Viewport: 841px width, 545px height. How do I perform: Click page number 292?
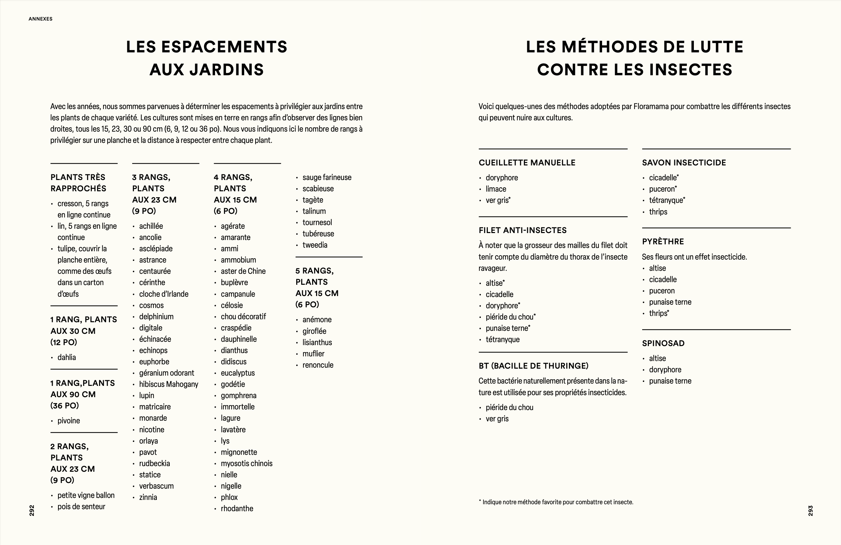[x=32, y=511]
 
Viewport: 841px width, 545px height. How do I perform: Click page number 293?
[x=810, y=511]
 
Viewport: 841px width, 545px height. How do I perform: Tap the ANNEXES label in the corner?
[x=41, y=19]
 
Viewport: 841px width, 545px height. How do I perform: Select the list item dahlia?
[x=67, y=357]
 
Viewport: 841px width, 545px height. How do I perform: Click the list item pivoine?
[x=69, y=421]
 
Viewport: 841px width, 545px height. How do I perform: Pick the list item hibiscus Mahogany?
[x=169, y=384]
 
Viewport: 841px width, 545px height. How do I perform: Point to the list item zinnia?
[x=148, y=497]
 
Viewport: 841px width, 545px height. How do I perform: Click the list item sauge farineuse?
[x=327, y=177]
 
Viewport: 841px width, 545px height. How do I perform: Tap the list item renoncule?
[x=318, y=365]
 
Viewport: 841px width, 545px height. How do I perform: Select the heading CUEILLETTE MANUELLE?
[x=527, y=162]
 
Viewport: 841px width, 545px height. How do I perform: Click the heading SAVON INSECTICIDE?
[x=684, y=162]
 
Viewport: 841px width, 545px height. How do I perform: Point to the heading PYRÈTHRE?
[x=663, y=242]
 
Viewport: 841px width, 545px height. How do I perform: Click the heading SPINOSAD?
[x=663, y=343]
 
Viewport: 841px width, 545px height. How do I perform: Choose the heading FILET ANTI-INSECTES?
[x=522, y=230]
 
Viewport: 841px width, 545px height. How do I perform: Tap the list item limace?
[x=496, y=189]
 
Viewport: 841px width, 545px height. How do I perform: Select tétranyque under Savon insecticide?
[x=666, y=201]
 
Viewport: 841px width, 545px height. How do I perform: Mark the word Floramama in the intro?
[x=651, y=106]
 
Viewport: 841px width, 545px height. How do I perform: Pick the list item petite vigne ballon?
[x=86, y=495]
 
